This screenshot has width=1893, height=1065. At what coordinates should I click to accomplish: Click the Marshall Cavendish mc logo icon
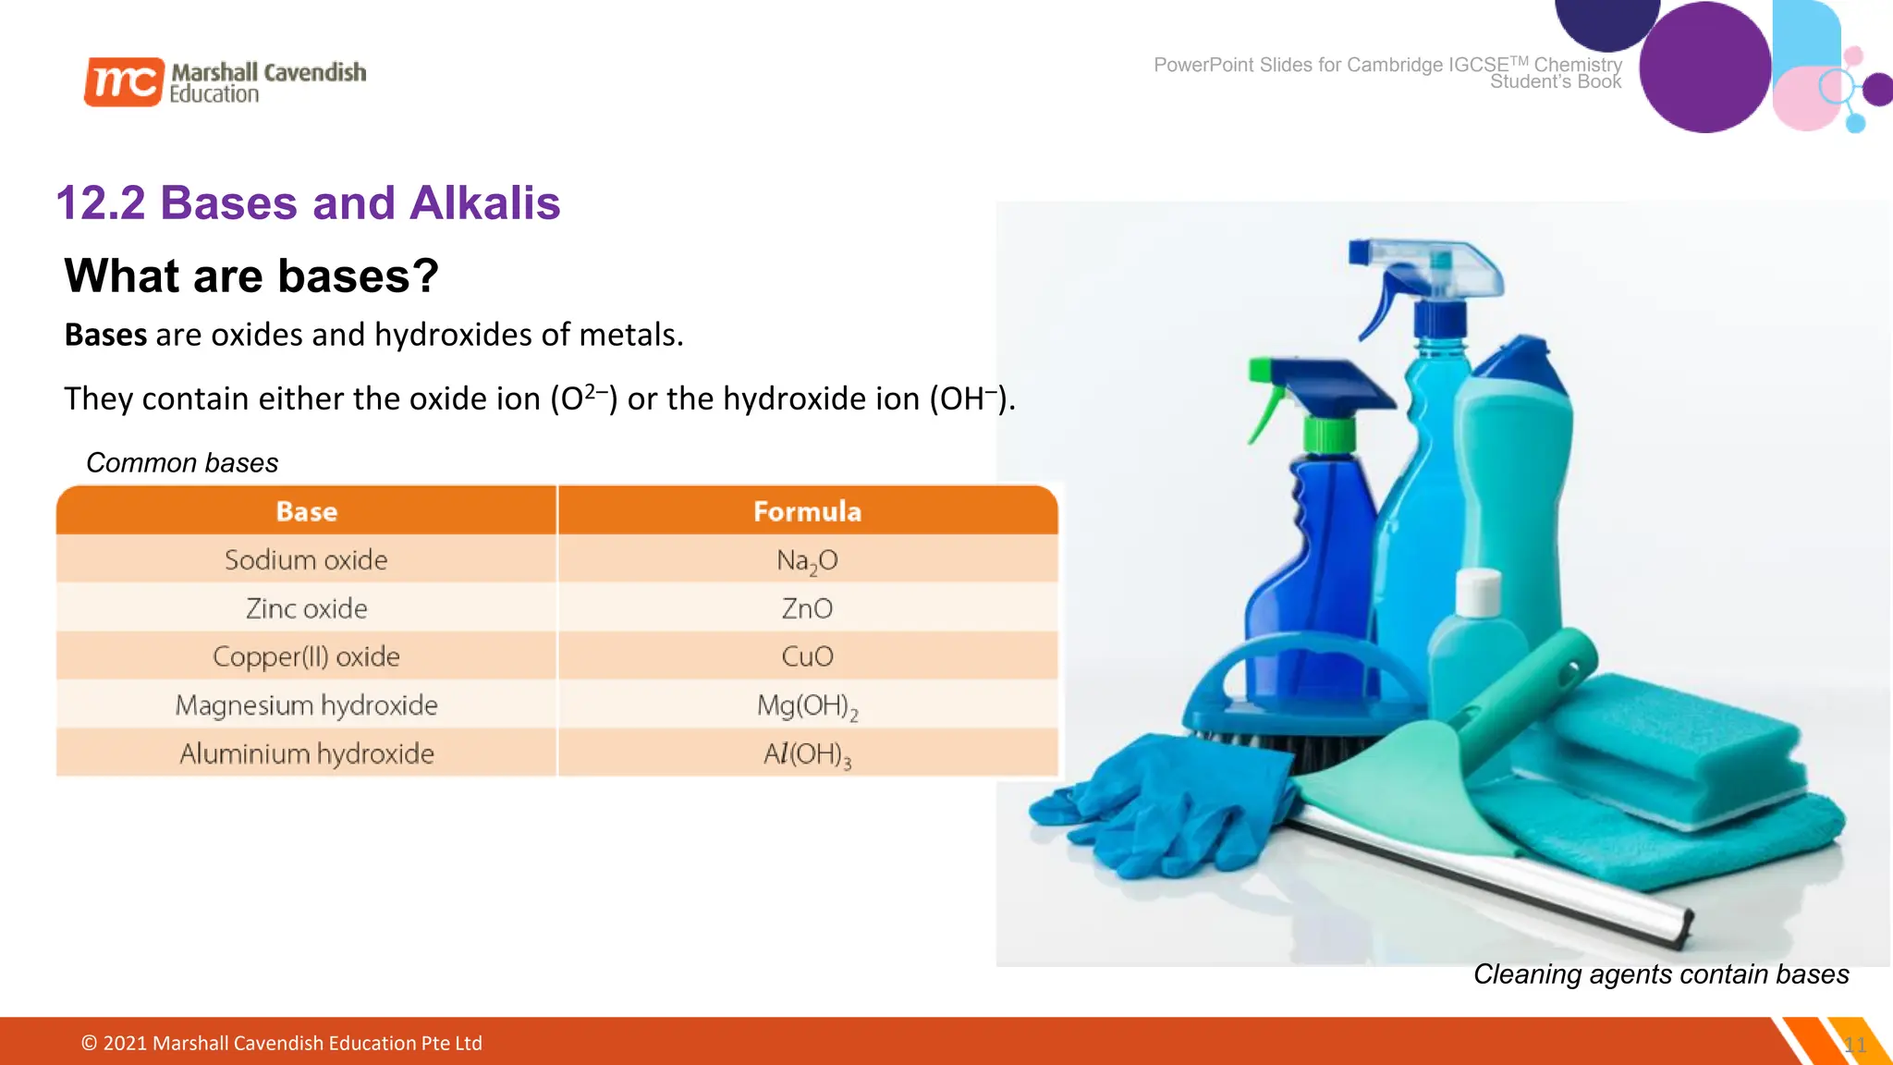click(124, 81)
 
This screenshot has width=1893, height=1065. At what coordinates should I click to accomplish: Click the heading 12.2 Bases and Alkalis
click(308, 202)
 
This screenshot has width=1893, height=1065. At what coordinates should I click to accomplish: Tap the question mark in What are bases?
click(424, 275)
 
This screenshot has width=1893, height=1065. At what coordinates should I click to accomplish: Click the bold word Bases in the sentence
click(105, 335)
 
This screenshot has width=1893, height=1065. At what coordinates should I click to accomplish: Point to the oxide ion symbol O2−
click(584, 398)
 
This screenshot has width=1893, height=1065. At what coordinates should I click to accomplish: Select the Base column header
click(306, 511)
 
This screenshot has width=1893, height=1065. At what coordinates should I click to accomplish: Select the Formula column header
click(807, 511)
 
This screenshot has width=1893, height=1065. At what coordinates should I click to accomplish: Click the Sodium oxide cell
click(306, 559)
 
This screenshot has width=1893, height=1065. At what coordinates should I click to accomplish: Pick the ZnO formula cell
click(807, 608)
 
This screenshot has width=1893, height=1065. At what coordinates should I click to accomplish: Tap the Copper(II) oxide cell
click(306, 656)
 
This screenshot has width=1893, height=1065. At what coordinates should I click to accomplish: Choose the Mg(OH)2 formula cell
click(807, 705)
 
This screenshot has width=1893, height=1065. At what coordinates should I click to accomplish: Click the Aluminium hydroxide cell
click(306, 753)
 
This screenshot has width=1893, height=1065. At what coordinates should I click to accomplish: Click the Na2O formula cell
click(807, 559)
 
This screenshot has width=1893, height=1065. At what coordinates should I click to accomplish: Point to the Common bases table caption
click(182, 462)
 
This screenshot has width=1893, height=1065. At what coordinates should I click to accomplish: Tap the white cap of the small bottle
click(1478, 592)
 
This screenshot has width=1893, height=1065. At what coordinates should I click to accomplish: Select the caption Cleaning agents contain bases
click(1660, 973)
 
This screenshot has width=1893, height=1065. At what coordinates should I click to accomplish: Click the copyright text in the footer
click(282, 1043)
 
